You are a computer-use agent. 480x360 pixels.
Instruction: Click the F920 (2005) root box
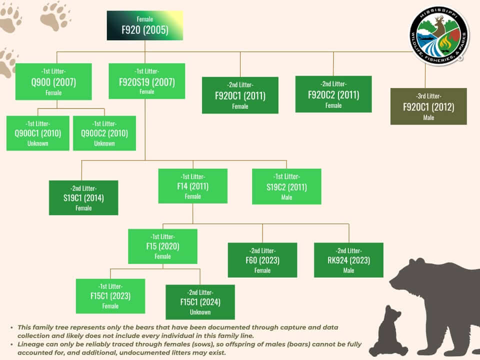click(x=145, y=25)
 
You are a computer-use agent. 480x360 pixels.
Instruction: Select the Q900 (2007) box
click(x=53, y=81)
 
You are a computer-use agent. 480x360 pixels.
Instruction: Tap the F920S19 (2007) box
click(x=146, y=81)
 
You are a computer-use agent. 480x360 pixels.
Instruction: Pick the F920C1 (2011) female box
click(x=240, y=95)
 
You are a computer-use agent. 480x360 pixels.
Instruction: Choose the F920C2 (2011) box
click(x=333, y=94)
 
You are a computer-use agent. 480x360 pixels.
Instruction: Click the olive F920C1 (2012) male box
click(x=428, y=106)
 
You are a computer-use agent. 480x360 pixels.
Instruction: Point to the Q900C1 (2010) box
click(x=38, y=133)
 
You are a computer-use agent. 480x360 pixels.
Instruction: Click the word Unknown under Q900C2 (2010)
click(x=104, y=143)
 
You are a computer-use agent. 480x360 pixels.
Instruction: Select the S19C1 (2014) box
click(x=83, y=198)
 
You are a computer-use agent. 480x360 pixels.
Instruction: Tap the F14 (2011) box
click(x=193, y=186)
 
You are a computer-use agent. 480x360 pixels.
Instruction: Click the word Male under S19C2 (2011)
click(x=286, y=197)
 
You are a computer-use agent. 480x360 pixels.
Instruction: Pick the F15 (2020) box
click(x=162, y=246)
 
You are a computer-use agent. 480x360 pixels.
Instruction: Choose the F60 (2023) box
click(x=262, y=260)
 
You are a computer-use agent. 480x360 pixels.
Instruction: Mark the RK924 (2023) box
click(x=348, y=260)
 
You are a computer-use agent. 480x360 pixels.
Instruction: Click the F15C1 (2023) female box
click(x=110, y=296)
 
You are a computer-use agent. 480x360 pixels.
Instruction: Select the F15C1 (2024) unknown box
click(x=200, y=302)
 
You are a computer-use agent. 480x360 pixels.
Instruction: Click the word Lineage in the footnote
click(x=29, y=344)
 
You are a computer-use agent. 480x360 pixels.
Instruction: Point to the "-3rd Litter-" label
click(x=428, y=96)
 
